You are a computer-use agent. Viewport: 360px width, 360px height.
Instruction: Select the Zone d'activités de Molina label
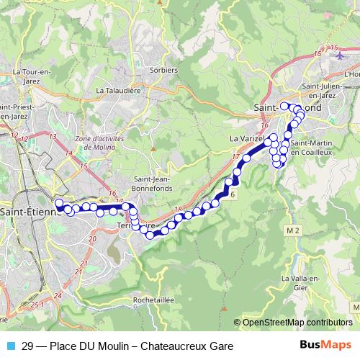(99, 141)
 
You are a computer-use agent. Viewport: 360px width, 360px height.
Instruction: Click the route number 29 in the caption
(27, 346)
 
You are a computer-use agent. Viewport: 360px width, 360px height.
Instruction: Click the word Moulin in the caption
(114, 346)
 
